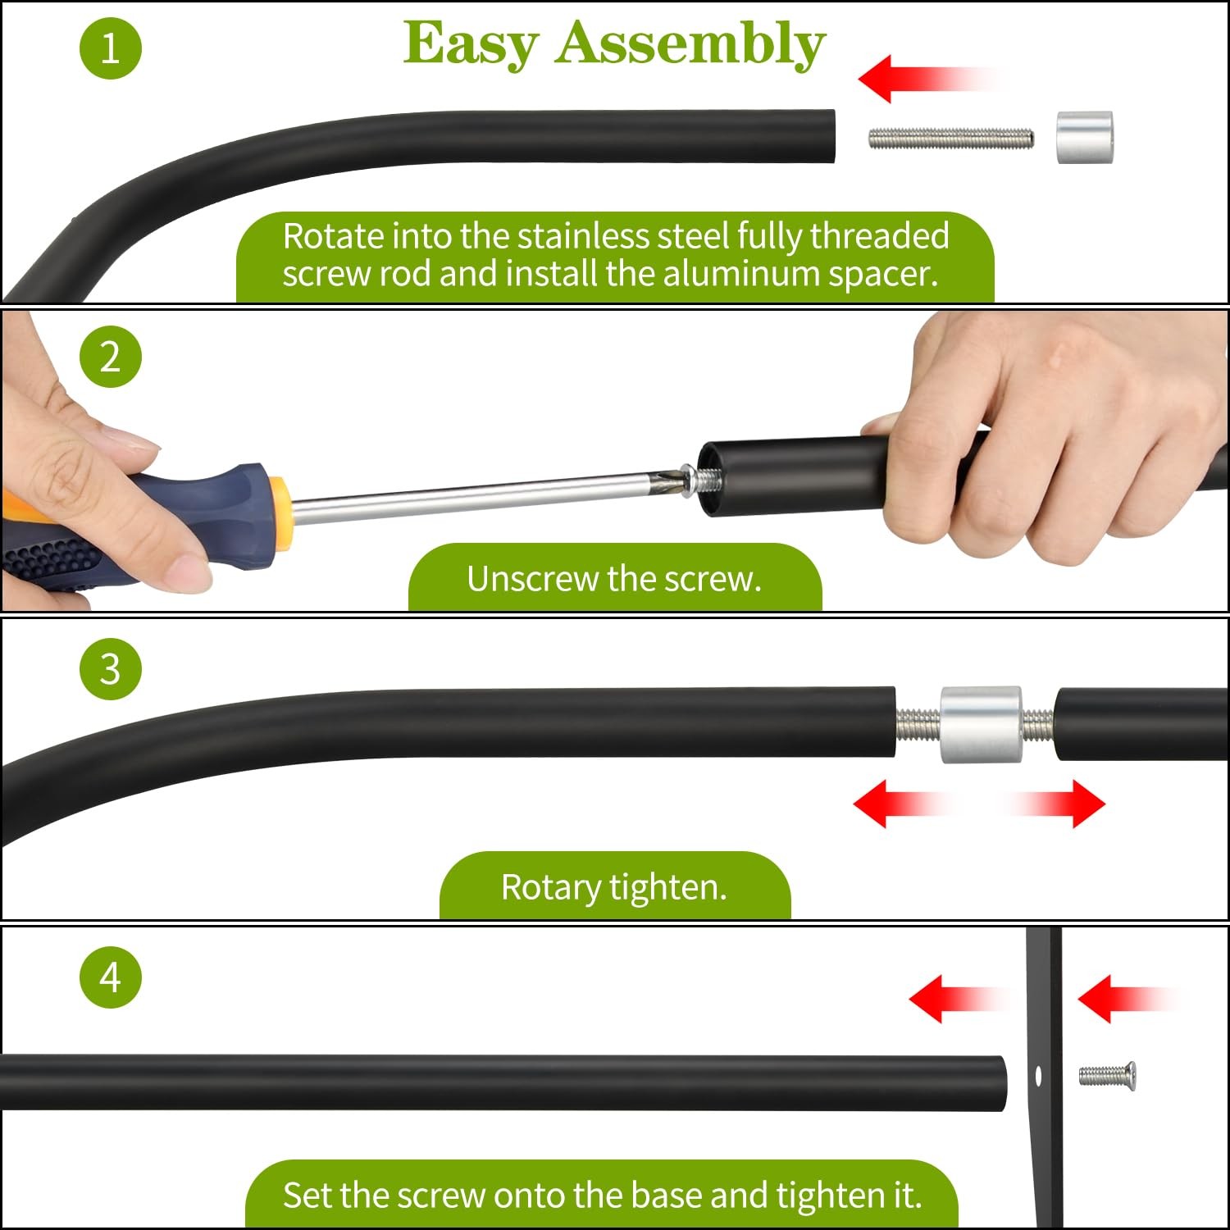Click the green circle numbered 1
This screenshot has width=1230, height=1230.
click(x=111, y=48)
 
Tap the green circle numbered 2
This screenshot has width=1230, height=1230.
click(x=111, y=357)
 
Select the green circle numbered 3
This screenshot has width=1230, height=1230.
click(x=111, y=668)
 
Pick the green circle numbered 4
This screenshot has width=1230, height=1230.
click(x=111, y=977)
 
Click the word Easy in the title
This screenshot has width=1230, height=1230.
click(x=471, y=44)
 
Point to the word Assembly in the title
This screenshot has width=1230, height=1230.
click(x=690, y=44)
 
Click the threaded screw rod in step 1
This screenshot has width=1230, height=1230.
click(x=951, y=138)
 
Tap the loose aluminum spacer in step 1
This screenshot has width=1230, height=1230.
click(x=1084, y=137)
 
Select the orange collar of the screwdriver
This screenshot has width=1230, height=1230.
click(x=280, y=513)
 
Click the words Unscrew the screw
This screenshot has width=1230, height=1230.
click(x=614, y=579)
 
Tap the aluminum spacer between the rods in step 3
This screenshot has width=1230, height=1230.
click(x=981, y=725)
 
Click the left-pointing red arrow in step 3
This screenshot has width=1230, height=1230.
click(x=900, y=804)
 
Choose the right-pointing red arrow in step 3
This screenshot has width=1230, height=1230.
click(x=1058, y=804)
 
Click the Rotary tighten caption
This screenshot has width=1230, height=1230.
click(x=614, y=887)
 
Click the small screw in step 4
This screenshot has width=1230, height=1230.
click(x=1107, y=1074)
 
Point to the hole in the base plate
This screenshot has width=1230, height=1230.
click(x=1038, y=1075)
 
